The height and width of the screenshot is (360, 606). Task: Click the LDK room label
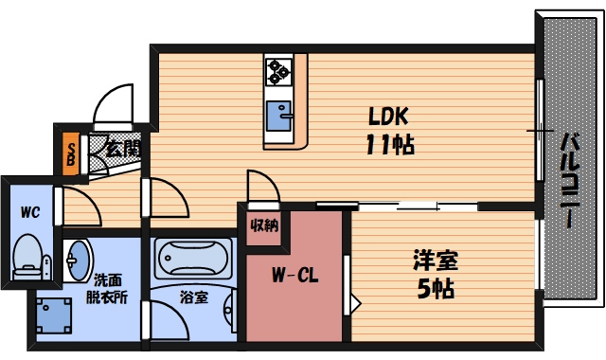388,116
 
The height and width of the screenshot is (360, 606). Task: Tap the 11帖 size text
390,145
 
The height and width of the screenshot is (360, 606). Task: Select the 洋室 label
436,261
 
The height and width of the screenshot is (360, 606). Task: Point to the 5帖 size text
436,289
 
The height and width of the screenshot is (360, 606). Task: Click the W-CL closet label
294,276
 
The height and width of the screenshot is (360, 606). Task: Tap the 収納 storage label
264,225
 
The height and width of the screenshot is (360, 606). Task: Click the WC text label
30,212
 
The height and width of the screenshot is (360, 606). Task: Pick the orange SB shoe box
72,153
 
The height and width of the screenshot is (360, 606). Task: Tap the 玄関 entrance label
120,149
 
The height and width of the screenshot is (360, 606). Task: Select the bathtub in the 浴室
193,259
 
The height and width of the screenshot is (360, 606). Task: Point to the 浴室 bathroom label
194,297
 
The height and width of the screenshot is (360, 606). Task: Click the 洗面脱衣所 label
106,288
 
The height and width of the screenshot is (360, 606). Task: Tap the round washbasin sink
78,261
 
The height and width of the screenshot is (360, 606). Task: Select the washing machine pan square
54,315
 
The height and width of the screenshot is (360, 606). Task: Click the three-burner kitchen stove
278,72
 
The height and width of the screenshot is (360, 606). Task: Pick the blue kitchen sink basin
278,116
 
